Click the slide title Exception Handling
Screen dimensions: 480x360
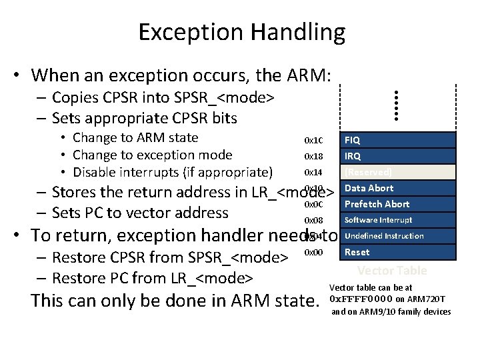tap(242, 32)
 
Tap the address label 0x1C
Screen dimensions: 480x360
tap(313, 141)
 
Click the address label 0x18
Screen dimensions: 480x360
tap(313, 157)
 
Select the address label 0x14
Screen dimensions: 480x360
tap(313, 173)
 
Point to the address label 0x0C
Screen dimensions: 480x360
tap(313, 204)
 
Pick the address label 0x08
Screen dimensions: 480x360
tap(313, 221)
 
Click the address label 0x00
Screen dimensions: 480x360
tap(313, 252)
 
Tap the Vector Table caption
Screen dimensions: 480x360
tap(392, 271)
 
